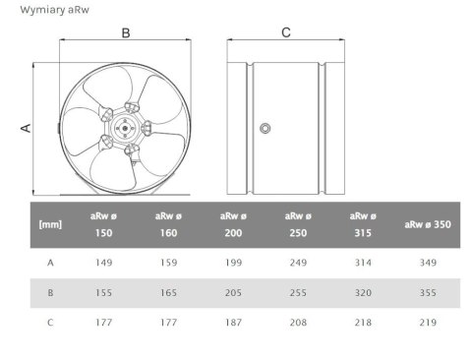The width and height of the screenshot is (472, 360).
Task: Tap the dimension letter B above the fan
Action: click(x=126, y=32)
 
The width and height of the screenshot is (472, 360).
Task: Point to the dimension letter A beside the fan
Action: click(x=27, y=127)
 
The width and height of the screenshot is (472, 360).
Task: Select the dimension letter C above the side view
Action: click(x=286, y=32)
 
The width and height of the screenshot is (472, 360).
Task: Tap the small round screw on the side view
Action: click(x=265, y=129)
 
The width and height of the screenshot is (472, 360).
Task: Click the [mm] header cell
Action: click(x=50, y=224)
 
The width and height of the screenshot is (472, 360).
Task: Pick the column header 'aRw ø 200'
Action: click(x=232, y=224)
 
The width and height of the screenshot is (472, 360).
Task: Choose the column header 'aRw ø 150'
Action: click(x=104, y=224)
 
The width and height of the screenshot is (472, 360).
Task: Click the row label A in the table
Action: click(x=50, y=263)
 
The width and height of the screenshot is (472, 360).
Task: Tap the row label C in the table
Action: click(x=50, y=320)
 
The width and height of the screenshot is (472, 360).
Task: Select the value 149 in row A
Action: click(x=104, y=263)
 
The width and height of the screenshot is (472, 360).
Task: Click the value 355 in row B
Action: click(x=427, y=292)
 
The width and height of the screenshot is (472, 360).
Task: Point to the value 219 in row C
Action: click(x=427, y=320)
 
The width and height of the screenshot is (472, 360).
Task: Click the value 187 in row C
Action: click(x=232, y=320)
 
